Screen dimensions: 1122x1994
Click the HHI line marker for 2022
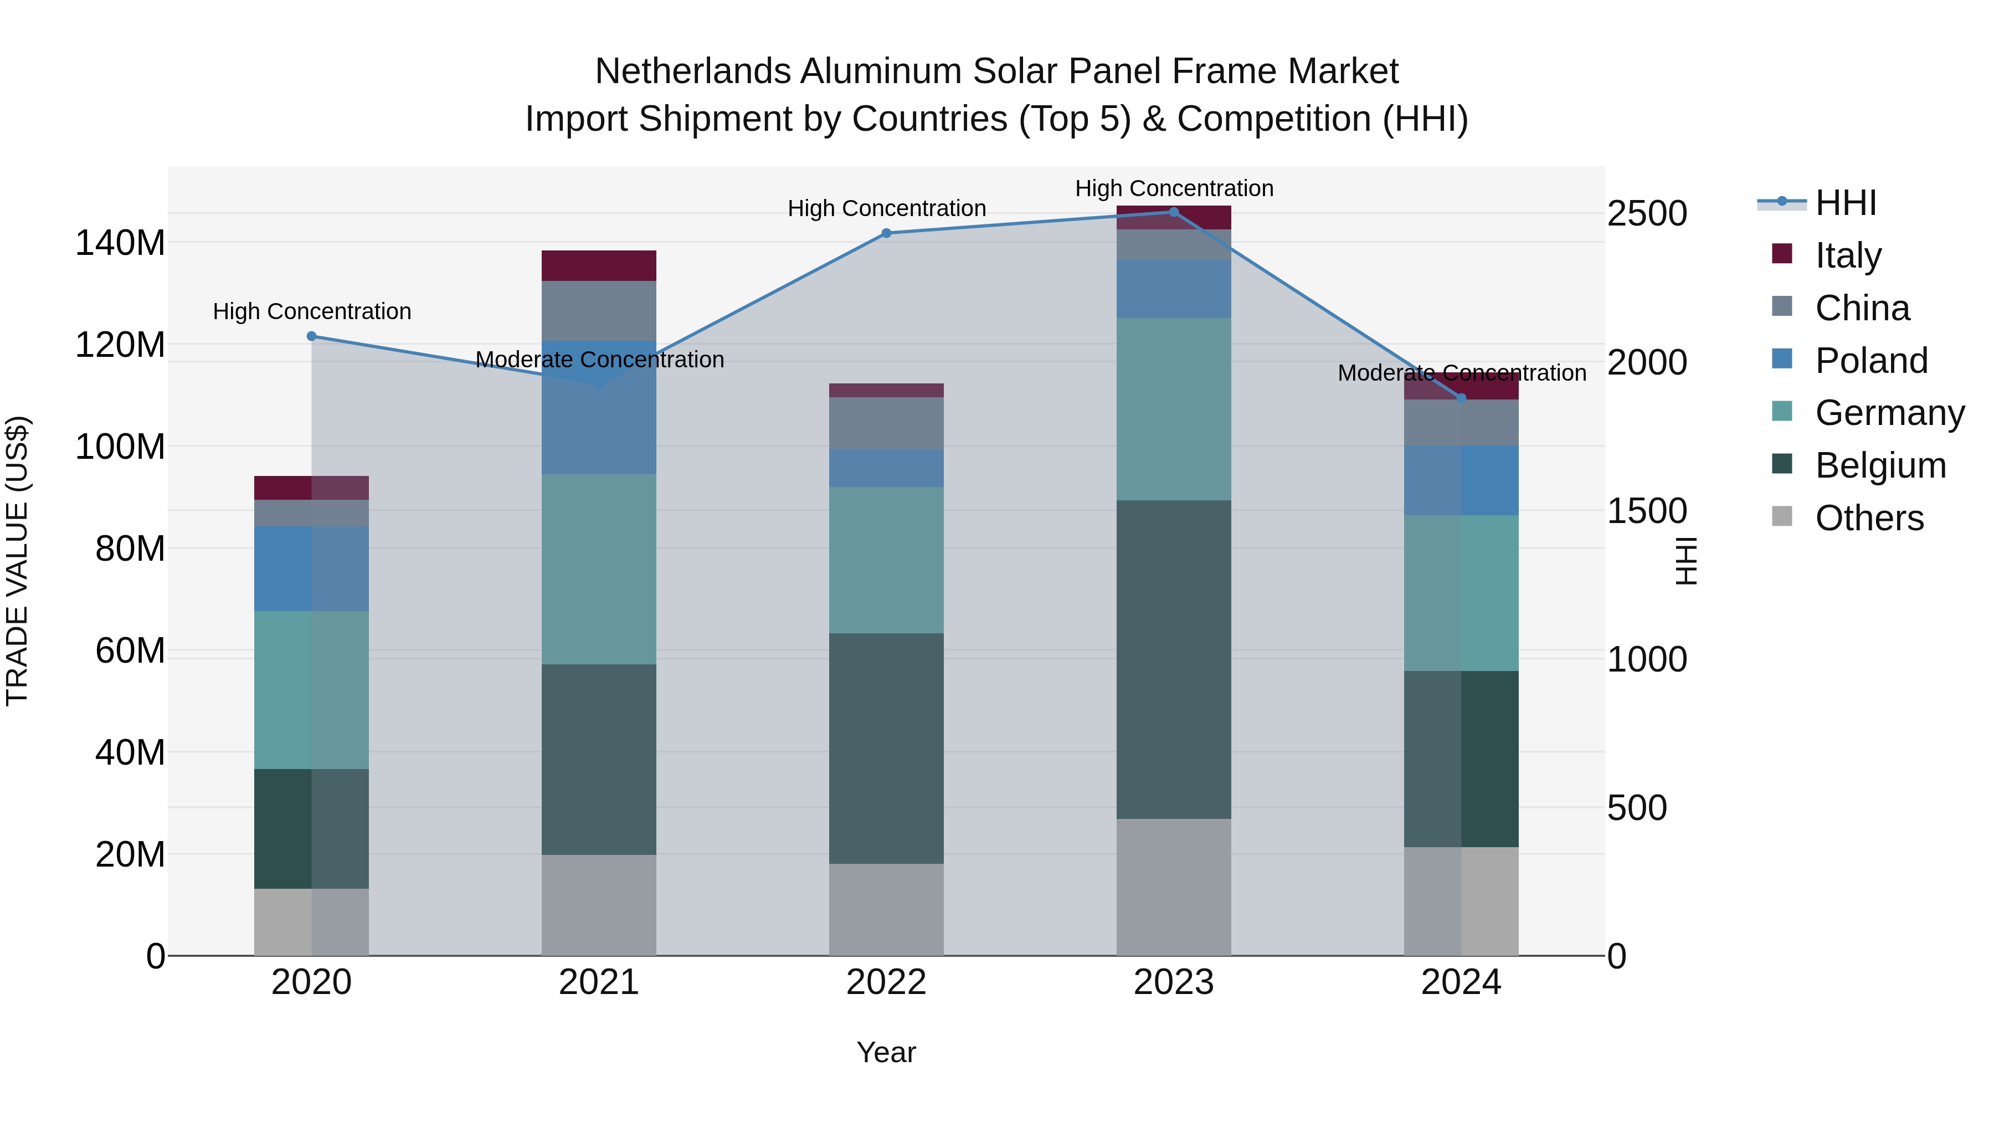tap(886, 233)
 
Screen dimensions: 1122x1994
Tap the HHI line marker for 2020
tap(311, 336)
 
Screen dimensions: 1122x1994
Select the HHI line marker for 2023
tap(1174, 212)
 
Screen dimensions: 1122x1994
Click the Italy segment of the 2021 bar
tap(598, 265)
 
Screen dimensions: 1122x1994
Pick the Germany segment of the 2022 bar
tap(886, 560)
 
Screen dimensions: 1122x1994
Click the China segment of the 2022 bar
tap(886, 423)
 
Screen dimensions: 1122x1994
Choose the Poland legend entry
tap(1871, 361)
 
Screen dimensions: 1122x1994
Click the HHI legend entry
tap(1846, 203)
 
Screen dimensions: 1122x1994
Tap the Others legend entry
tap(1869, 518)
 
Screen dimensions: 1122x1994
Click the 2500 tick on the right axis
tap(1647, 214)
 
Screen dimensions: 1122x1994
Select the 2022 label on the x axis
tap(886, 982)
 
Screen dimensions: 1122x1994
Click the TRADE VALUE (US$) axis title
tap(17, 561)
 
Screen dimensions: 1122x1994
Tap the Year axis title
tap(886, 1052)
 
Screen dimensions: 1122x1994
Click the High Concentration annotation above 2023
tap(1174, 188)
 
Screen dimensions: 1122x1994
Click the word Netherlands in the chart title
tap(692, 71)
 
